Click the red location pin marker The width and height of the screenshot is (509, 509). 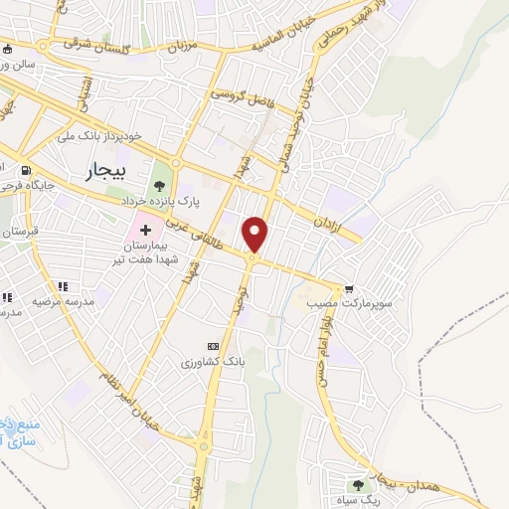(x=256, y=234)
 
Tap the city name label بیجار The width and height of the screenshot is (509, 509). (x=101, y=170)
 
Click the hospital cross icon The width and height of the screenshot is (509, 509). (x=146, y=230)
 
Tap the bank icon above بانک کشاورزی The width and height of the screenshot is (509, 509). (x=210, y=346)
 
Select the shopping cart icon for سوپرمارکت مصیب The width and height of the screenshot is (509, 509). (x=349, y=290)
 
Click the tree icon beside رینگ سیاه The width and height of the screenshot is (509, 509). (x=357, y=484)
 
